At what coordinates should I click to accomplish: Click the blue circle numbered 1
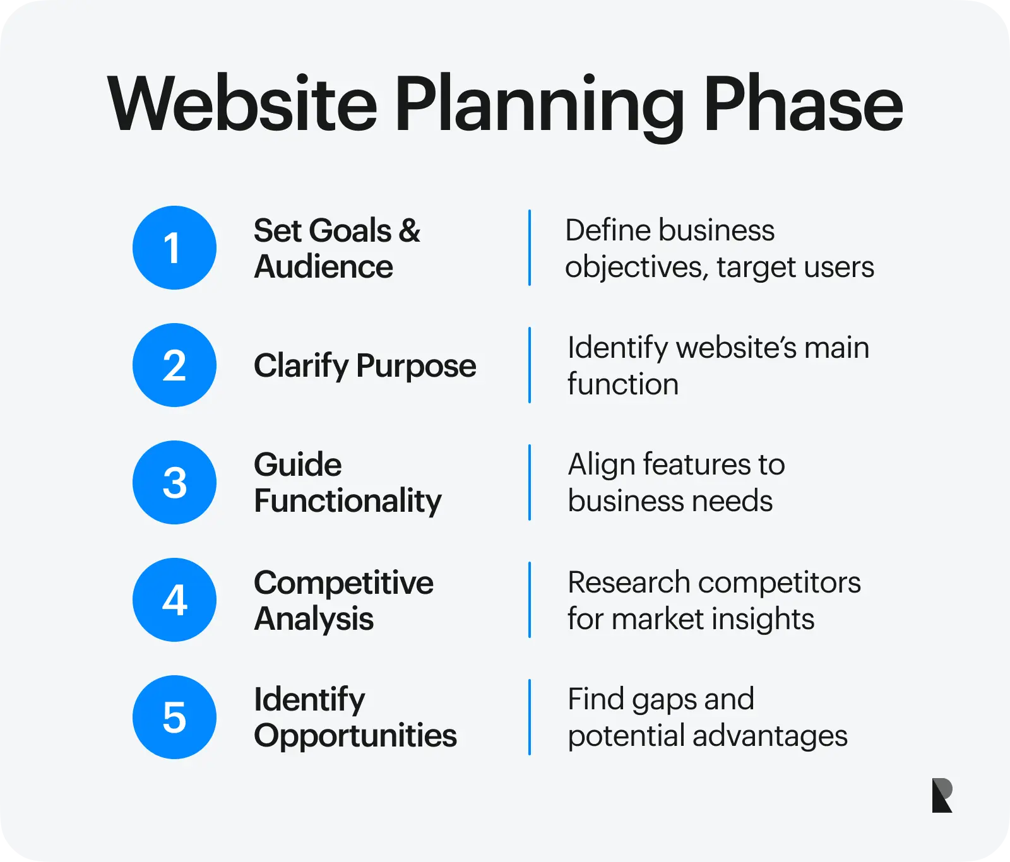tap(174, 248)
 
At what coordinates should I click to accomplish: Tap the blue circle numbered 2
tap(174, 365)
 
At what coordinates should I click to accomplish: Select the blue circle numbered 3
tap(174, 483)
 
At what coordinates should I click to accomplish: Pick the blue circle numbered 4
tap(174, 600)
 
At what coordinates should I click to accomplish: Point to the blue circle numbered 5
tap(174, 717)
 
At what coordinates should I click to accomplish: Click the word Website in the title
tap(242, 104)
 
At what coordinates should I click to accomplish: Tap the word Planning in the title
tap(540, 108)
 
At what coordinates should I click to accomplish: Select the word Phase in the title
tap(803, 104)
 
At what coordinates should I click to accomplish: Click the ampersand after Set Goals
tap(410, 231)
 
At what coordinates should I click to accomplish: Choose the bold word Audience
tap(324, 267)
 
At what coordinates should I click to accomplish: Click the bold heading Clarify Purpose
tap(365, 366)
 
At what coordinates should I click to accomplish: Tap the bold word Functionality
tap(348, 502)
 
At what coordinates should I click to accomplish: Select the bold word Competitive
tap(344, 583)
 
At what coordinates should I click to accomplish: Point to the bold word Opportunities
tap(355, 736)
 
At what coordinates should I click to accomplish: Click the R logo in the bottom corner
tap(942, 796)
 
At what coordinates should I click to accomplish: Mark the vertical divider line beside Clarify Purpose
tap(530, 365)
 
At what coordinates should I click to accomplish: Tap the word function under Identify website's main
tap(623, 384)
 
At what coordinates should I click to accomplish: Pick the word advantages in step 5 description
tap(770, 737)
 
